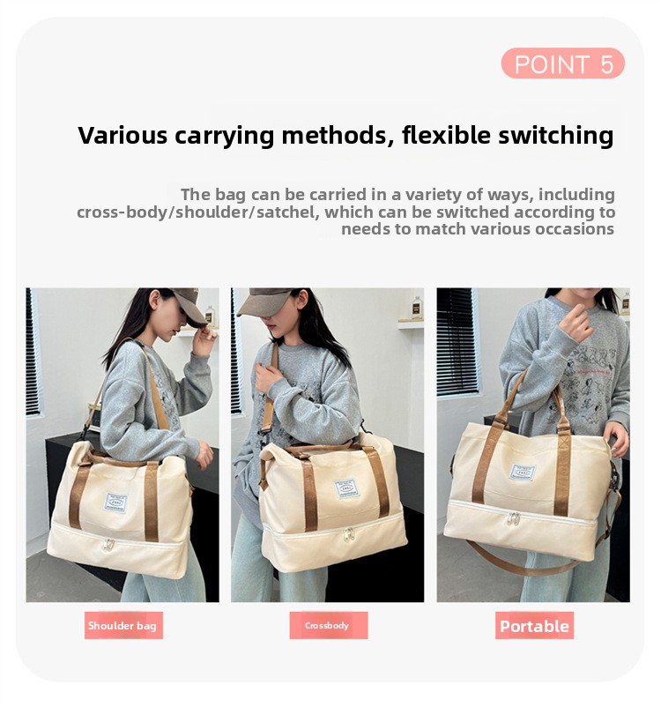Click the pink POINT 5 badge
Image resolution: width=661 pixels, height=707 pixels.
coord(562,63)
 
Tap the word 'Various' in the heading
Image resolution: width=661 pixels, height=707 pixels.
coord(123,135)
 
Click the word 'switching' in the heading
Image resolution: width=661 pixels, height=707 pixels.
coord(555,136)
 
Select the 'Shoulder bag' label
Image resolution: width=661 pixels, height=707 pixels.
coord(123,625)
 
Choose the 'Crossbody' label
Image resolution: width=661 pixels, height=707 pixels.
coord(328,625)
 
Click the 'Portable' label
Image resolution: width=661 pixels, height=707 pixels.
coord(534,626)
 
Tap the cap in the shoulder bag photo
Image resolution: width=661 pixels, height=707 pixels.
coord(189,305)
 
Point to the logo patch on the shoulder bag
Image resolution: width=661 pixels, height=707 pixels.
coord(115,502)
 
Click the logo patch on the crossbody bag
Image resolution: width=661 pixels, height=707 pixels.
coord(347,488)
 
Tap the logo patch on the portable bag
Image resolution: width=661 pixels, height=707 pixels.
coord(522,473)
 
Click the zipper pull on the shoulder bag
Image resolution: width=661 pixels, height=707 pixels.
coord(108,545)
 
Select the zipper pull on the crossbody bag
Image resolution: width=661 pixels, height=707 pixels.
coord(349,535)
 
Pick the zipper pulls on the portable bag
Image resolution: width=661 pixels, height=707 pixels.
coord(514,519)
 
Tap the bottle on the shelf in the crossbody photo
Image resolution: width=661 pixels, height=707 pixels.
coord(417,308)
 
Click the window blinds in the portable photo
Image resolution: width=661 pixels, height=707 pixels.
coord(457,342)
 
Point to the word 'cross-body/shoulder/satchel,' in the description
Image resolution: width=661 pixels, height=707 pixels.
coord(197,212)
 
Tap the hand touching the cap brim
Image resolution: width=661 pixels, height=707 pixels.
coord(204,339)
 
